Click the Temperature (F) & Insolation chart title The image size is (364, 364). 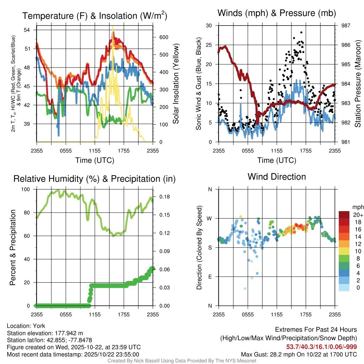click(x=95, y=16)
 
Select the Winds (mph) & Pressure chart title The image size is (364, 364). click(x=277, y=13)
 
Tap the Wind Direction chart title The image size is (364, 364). click(x=277, y=177)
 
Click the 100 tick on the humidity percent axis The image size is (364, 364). click(x=26, y=189)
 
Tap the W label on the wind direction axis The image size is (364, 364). click(x=210, y=219)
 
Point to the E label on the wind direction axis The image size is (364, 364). click(x=210, y=277)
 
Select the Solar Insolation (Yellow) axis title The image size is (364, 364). click(x=176, y=84)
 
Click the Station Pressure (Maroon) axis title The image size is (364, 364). click(x=358, y=84)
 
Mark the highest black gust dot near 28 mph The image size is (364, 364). click(x=301, y=32)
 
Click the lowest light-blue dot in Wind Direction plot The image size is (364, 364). click(x=245, y=289)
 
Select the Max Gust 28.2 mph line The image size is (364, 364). click(x=299, y=354)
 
